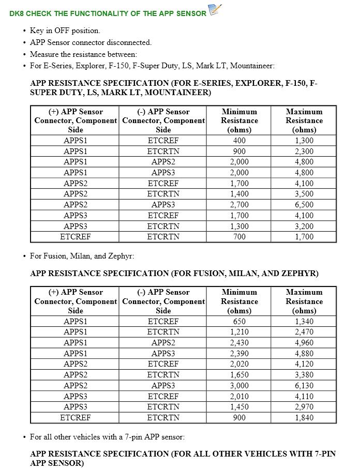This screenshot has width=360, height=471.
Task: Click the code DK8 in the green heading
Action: click(17, 13)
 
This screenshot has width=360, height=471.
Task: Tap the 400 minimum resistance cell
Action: click(239, 141)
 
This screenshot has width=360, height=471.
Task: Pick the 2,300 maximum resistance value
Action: click(304, 151)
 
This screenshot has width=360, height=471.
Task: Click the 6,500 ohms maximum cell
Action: click(304, 205)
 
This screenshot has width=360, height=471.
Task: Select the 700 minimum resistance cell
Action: click(239, 237)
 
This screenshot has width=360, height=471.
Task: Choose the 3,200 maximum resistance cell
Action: click(304, 226)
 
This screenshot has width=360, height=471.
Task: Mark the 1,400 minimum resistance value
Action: click(239, 194)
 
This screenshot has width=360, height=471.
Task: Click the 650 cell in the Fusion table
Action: click(239, 322)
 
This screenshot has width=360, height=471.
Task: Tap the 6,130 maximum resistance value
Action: click(304, 386)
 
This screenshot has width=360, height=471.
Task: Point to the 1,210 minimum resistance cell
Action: click(239, 332)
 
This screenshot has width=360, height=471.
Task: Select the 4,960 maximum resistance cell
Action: click(304, 343)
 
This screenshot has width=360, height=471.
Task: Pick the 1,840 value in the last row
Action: click(304, 418)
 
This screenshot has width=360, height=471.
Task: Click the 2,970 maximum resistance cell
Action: click(304, 407)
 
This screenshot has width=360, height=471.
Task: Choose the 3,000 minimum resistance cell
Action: click(239, 386)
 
